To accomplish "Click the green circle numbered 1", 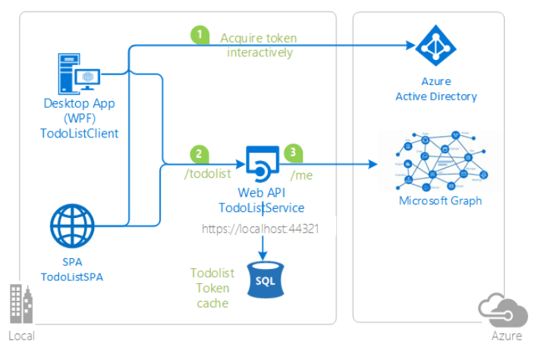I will tap(200, 35).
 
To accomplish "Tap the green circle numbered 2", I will tap(199, 153).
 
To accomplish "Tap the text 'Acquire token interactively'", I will tap(258, 45).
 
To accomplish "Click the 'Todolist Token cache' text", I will tap(212, 288).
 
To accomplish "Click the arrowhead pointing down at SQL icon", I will tap(263, 255).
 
